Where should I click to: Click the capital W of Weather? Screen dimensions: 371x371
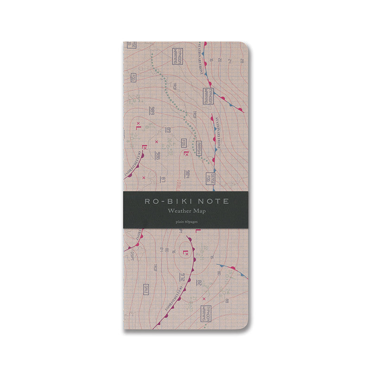click(x=170, y=211)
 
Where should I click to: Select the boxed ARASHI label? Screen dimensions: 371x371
click(x=199, y=149)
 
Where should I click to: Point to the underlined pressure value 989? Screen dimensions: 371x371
click(x=152, y=112)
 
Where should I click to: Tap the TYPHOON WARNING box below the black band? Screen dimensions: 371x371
click(x=207, y=313)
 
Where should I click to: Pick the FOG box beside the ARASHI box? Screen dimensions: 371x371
click(x=184, y=141)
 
